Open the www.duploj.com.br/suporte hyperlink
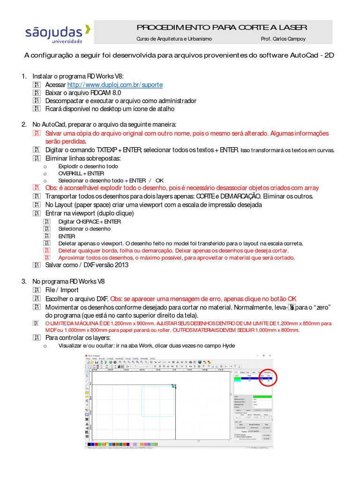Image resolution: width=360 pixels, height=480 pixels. [x=115, y=85]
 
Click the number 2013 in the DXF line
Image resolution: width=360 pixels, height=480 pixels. [x=120, y=265]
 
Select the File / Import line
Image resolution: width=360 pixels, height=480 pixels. [x=62, y=290]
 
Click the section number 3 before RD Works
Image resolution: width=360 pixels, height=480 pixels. [x=24, y=282]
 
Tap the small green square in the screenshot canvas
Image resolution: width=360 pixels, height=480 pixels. [x=173, y=386]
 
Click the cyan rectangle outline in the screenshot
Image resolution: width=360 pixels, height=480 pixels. [x=157, y=401]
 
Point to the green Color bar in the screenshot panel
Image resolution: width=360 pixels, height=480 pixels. [x=262, y=397]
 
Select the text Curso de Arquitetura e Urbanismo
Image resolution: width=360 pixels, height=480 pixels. [x=174, y=39]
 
